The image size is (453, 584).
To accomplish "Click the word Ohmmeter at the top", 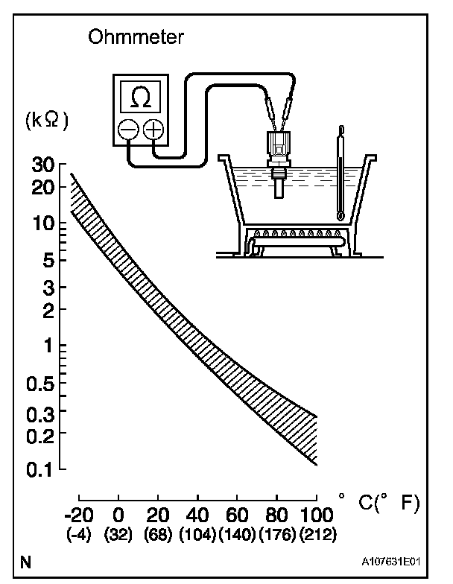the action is click(x=136, y=37).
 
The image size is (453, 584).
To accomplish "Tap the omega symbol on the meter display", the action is click(x=142, y=97).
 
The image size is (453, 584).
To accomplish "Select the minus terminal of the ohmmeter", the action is click(x=128, y=130).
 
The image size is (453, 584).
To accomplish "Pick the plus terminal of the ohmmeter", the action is click(x=153, y=130).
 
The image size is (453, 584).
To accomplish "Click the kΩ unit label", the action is click(x=47, y=121).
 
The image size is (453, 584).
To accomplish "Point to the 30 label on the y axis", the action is click(x=43, y=165).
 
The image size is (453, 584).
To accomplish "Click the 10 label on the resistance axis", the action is click(x=43, y=223).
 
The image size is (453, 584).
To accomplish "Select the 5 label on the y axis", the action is click(x=49, y=261).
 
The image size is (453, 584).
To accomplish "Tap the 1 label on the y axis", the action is click(x=49, y=346).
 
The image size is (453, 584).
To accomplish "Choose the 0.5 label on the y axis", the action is click(x=40, y=384).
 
